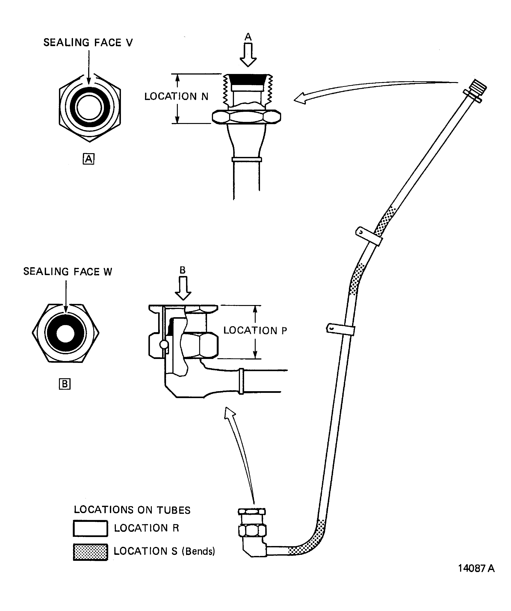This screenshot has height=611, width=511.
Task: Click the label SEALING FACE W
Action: [x=67, y=272]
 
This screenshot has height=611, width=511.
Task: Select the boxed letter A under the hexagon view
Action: [x=88, y=159]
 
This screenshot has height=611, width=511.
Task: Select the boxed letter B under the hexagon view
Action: [x=65, y=384]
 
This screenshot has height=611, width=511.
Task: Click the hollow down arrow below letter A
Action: [x=248, y=55]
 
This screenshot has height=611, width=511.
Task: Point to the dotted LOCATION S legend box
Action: [x=90, y=552]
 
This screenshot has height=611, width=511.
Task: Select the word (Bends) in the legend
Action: [x=198, y=551]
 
